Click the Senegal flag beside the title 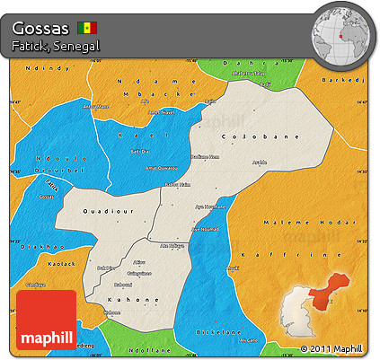88,27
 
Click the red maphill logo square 46,320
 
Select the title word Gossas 41,26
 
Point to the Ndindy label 40,68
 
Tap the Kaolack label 39,264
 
